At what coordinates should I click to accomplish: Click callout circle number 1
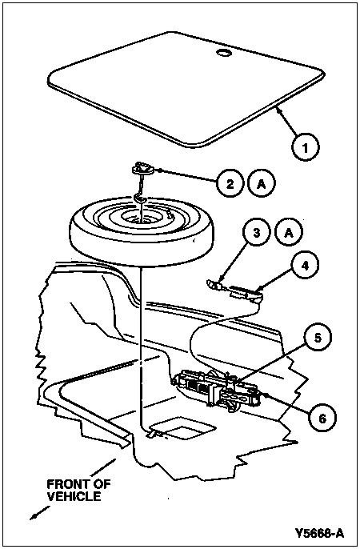pos(305,147)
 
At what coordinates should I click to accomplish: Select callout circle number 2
pos(230,183)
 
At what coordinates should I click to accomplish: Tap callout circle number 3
pos(257,233)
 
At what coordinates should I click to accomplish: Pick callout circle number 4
pos(305,266)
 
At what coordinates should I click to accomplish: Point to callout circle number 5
pos(317,338)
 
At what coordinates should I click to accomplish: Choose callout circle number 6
pos(322,418)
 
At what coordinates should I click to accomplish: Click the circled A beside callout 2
pos(262,183)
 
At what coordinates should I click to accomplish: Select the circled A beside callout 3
pos(289,233)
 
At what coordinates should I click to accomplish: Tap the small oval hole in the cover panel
pos(223,53)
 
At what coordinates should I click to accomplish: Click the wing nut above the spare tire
pos(142,169)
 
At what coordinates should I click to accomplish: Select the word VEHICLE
pos(74,496)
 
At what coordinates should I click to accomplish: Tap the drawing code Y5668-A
pos(319,533)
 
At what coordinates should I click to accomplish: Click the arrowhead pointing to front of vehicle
pos(34,516)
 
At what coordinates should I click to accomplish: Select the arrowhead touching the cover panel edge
pos(278,111)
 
